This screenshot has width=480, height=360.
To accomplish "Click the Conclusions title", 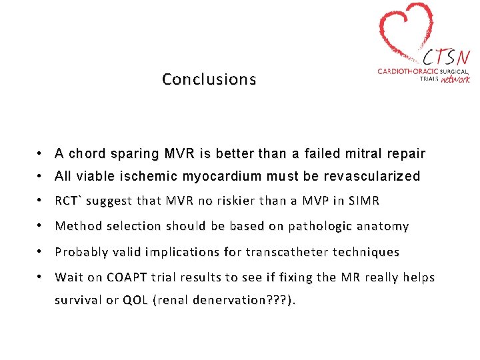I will coord(209,79).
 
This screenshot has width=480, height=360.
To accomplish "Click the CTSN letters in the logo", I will coord(446,55).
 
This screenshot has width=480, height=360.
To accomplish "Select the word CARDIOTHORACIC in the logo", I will coord(407,71).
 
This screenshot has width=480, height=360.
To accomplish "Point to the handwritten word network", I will coord(455,79).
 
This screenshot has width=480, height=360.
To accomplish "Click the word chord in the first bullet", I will coord(86,154).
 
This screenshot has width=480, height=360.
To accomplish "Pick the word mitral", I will coord(364,154).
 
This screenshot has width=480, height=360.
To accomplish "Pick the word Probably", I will coord(81,252).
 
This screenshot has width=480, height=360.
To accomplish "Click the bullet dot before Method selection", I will coord(41,226).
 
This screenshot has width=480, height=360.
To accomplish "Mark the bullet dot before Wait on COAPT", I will coord(41,277).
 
